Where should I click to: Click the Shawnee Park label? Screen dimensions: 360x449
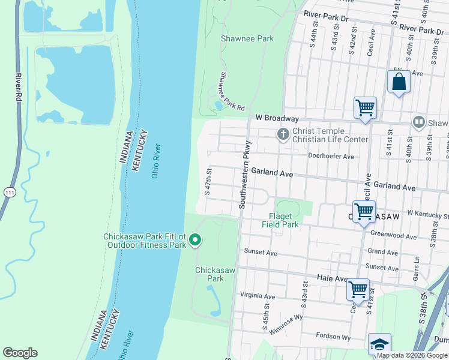click(x=247, y=38)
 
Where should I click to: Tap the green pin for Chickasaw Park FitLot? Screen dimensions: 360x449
click(x=195, y=241)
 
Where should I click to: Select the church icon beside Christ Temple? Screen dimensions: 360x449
click(x=283, y=135)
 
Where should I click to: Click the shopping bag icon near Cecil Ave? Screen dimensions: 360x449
click(x=399, y=82)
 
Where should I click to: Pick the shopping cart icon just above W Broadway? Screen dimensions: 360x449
click(x=364, y=108)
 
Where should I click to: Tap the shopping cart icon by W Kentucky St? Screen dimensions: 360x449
click(x=364, y=212)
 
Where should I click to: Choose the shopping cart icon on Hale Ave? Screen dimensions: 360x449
click(x=358, y=289)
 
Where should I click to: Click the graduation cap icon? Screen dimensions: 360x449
click(x=379, y=344)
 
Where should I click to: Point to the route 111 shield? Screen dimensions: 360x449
click(x=9, y=192)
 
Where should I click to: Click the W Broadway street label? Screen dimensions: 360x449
click(x=277, y=118)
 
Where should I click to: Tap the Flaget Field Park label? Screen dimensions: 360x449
click(x=280, y=221)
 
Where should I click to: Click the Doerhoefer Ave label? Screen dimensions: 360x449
click(x=331, y=156)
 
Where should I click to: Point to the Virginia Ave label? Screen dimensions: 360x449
click(x=257, y=296)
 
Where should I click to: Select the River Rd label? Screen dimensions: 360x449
click(x=19, y=88)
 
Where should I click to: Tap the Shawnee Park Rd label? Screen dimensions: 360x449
click(x=232, y=92)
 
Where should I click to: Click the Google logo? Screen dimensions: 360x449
click(x=20, y=353)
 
